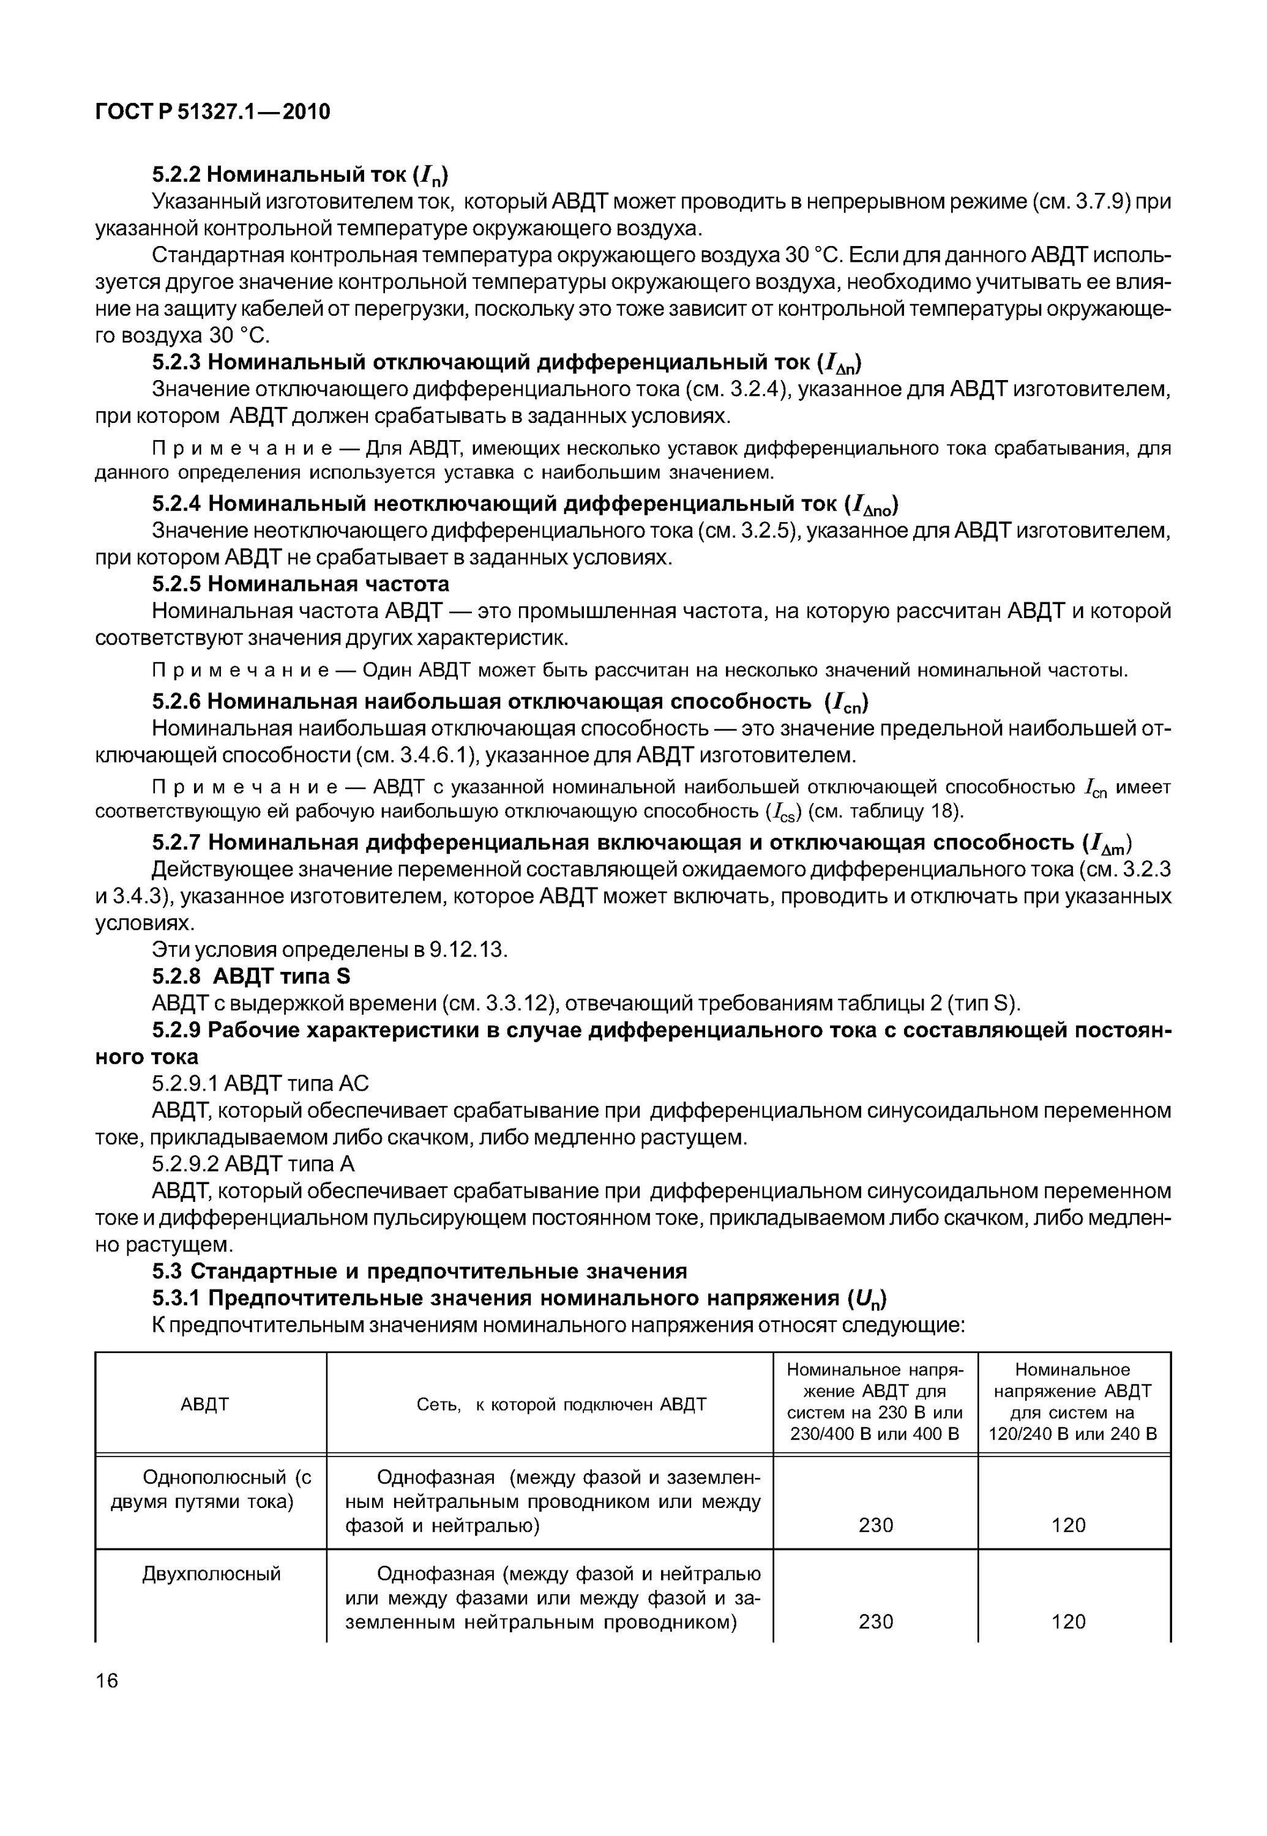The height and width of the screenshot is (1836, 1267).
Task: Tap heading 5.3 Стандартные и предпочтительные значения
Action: [419, 1272]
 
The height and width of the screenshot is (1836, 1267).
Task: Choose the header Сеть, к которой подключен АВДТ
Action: [561, 1405]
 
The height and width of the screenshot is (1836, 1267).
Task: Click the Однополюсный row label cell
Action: [211, 1490]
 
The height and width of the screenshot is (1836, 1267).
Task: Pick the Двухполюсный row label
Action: [211, 1574]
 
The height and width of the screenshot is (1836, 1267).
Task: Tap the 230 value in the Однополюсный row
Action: [876, 1525]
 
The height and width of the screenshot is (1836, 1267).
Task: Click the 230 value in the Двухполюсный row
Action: [876, 1622]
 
